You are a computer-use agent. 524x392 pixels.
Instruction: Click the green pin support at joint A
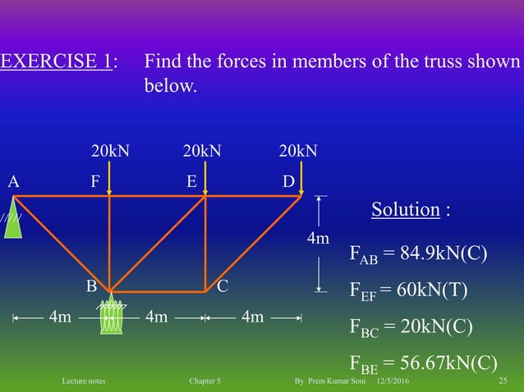(x=12, y=220)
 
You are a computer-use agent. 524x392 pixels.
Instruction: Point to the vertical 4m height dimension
(x=318, y=239)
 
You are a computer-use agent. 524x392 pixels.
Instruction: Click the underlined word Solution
(x=405, y=209)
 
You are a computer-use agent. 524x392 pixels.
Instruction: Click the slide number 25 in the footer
(x=503, y=382)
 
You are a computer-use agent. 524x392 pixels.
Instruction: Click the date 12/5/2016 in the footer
(x=394, y=382)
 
